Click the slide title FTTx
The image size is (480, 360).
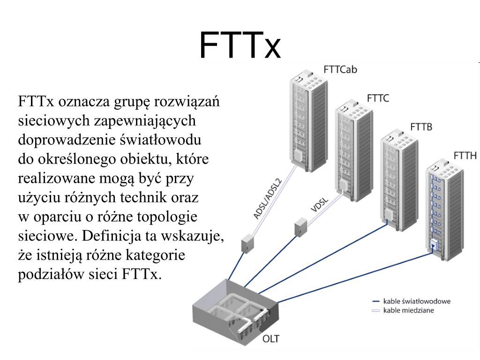coord(240,45)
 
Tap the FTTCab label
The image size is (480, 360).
coord(341,69)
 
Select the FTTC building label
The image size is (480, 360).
coord(378,99)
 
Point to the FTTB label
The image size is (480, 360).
coord(421,127)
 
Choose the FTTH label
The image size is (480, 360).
coord(465,156)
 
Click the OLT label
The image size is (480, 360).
coord(271,338)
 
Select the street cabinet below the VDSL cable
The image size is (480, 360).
coord(300,227)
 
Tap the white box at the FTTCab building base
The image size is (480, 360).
coord(297,155)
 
